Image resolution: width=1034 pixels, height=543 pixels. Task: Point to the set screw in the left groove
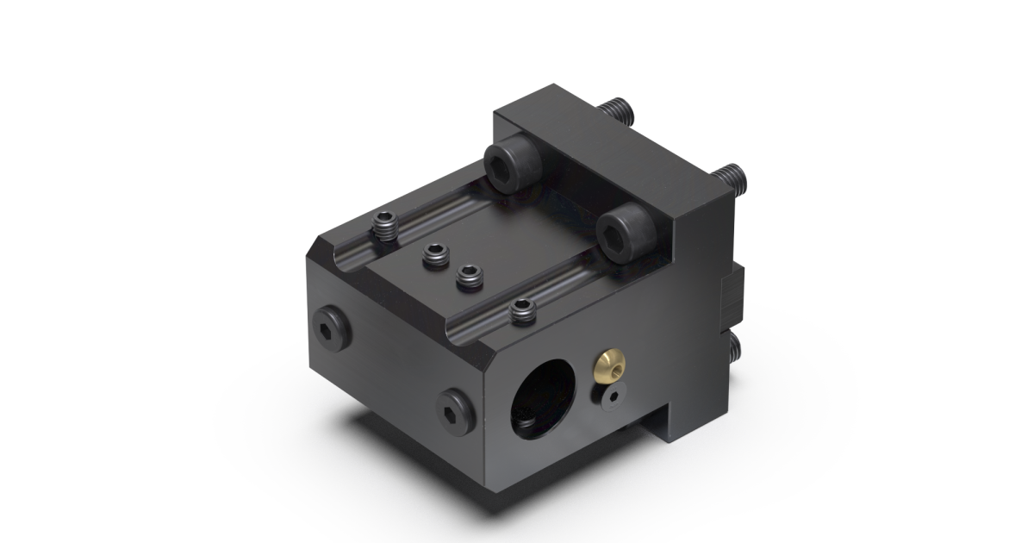[384, 227]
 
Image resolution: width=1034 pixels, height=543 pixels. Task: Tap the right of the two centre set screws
[469, 277]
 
